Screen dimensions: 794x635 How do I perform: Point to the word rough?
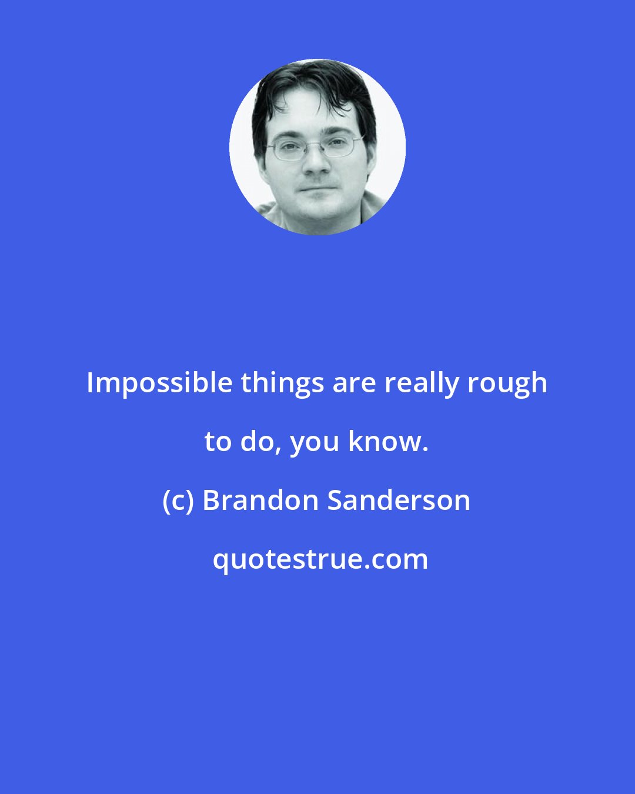click(507, 384)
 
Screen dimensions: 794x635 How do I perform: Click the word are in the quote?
click(355, 384)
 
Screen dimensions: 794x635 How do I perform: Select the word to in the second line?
click(218, 442)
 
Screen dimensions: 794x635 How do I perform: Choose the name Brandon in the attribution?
click(260, 501)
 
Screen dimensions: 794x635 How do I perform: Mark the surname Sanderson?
click(399, 501)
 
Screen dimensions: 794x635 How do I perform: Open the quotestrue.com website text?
click(320, 559)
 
